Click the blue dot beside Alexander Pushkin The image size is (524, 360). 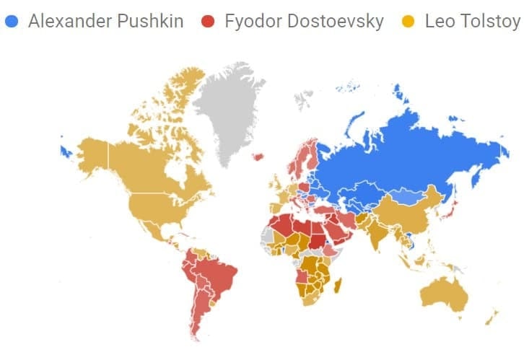(x=11, y=21)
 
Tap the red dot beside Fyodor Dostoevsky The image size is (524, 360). (x=208, y=21)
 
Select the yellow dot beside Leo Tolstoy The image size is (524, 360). (x=409, y=21)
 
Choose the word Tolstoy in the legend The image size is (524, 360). (x=492, y=21)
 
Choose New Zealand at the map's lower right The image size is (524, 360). (x=492, y=317)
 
